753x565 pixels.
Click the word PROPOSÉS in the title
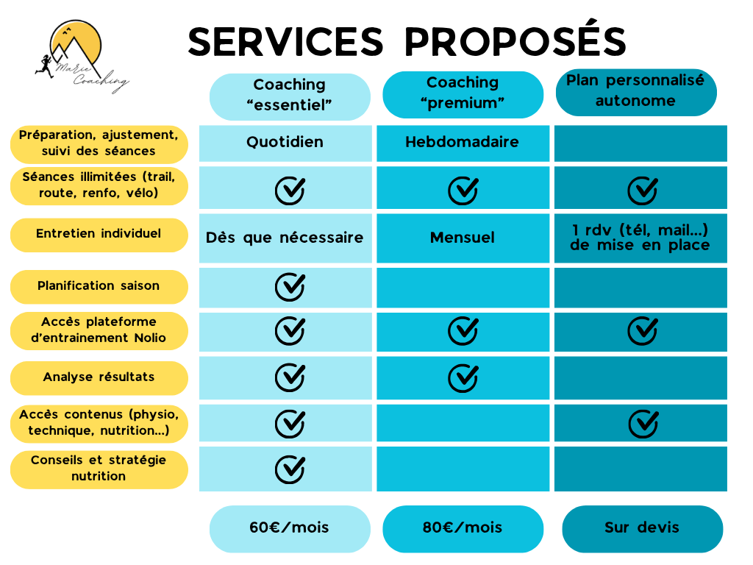click(515, 41)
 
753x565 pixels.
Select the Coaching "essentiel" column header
click(290, 96)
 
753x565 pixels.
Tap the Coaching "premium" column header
click(463, 93)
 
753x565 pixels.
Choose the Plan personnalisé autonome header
click(635, 91)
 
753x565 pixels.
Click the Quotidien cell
click(285, 142)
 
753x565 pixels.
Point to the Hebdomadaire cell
click(462, 142)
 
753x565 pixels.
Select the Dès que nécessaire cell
click(285, 238)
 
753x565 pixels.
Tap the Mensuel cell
click(462, 238)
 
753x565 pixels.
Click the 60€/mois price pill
click(290, 527)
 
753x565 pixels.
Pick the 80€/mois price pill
click(463, 527)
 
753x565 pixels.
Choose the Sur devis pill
click(642, 527)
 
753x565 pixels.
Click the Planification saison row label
click(99, 286)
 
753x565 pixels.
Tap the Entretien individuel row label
click(99, 234)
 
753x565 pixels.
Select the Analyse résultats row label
click(99, 377)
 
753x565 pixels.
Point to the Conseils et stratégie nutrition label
click(99, 469)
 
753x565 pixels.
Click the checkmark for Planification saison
click(290, 286)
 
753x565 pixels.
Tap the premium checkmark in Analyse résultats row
click(463, 377)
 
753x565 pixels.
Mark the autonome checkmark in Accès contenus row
click(643, 423)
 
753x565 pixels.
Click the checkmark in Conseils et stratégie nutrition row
click(290, 468)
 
